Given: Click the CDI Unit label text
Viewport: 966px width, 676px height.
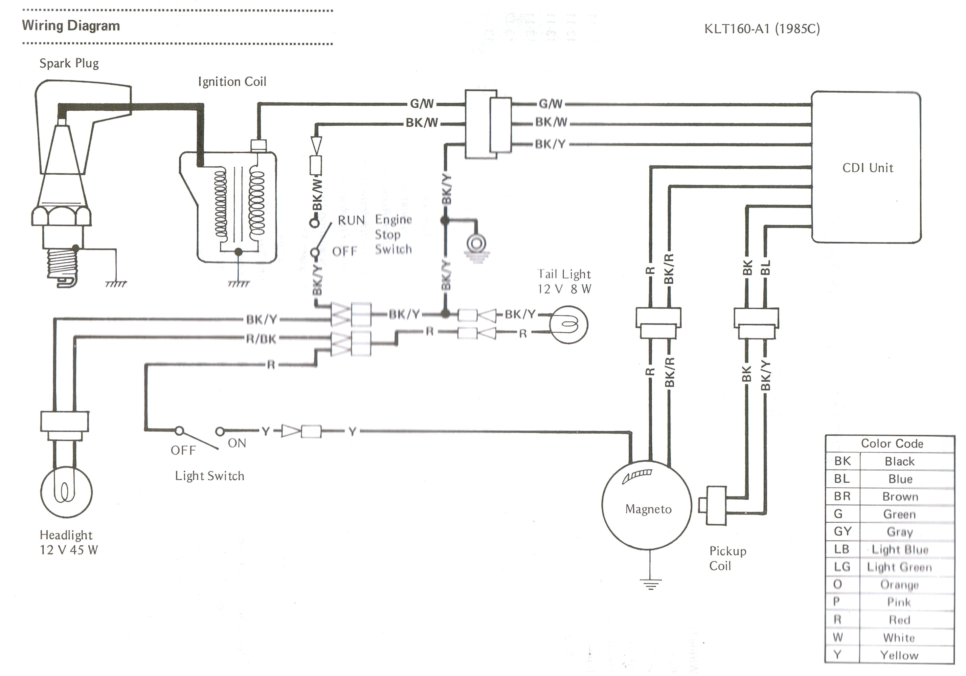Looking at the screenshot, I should pos(867,168).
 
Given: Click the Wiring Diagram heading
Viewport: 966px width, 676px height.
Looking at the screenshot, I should pos(71,26).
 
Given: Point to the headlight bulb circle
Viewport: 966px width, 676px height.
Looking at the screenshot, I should pos(66,491).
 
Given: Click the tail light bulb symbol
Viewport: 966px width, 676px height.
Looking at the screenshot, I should pos(569,325).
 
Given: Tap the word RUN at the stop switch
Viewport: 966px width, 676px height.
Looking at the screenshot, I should pos(351,220).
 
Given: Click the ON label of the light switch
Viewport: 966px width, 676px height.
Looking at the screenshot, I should pos(236,443).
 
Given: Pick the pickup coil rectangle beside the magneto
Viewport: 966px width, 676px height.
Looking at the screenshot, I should pos(716,505).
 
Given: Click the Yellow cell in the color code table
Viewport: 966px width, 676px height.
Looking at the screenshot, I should pos(899,655).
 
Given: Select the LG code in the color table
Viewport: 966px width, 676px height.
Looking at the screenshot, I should pos(842,567).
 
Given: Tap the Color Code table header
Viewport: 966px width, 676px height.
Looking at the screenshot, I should pos(891,443).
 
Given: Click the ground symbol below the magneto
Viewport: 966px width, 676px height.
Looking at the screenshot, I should pos(650,584).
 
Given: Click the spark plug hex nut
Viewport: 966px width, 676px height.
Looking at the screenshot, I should pos(61,216).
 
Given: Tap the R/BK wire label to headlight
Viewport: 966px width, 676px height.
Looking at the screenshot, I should pos(261,338).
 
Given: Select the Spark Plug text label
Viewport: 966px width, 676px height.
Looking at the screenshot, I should pos(69,63).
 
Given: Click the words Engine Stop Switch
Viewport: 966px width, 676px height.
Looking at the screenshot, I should pos(393,234).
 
